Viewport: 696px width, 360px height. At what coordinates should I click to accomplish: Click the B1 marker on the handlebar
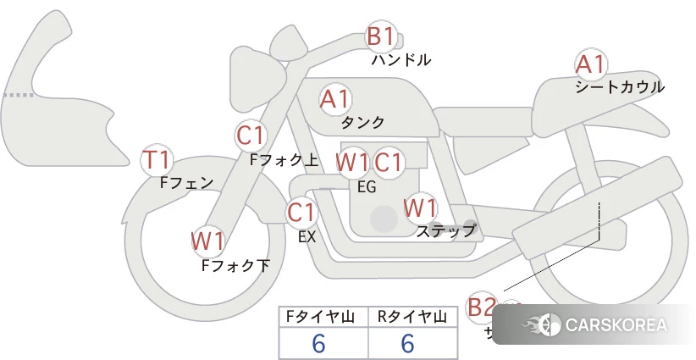pyautogui.click(x=380, y=37)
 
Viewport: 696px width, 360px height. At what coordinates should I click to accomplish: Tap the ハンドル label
pyautogui.click(x=401, y=60)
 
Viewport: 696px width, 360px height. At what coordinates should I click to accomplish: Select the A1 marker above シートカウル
pyautogui.click(x=590, y=64)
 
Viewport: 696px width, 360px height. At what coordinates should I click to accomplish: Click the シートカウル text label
pyautogui.click(x=619, y=86)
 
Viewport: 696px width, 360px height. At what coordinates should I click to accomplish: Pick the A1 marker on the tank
pyautogui.click(x=335, y=99)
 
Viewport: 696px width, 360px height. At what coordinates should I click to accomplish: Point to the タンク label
pyautogui.click(x=362, y=122)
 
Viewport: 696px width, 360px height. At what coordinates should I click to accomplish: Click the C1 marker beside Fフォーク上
pyautogui.click(x=251, y=136)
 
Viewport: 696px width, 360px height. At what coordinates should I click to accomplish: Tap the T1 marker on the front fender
pyautogui.click(x=157, y=159)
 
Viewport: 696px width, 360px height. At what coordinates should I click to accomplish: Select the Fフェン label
pyautogui.click(x=186, y=182)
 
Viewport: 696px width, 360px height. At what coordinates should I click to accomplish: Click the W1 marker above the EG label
pyautogui.click(x=352, y=161)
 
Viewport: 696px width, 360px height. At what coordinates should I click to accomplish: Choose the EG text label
pyautogui.click(x=367, y=187)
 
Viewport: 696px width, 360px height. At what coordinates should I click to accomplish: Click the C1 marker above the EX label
pyautogui.click(x=301, y=212)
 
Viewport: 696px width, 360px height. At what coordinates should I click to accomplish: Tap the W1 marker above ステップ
pyautogui.click(x=420, y=207)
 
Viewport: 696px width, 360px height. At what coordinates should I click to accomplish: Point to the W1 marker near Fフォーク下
pyautogui.click(x=207, y=241)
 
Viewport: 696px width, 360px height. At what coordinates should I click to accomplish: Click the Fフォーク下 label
pyautogui.click(x=235, y=265)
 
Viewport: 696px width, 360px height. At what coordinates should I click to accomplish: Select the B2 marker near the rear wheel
pyautogui.click(x=482, y=307)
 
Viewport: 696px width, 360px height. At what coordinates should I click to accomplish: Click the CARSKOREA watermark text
pyautogui.click(x=615, y=325)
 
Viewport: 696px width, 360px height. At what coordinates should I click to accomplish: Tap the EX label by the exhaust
pyautogui.click(x=307, y=237)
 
